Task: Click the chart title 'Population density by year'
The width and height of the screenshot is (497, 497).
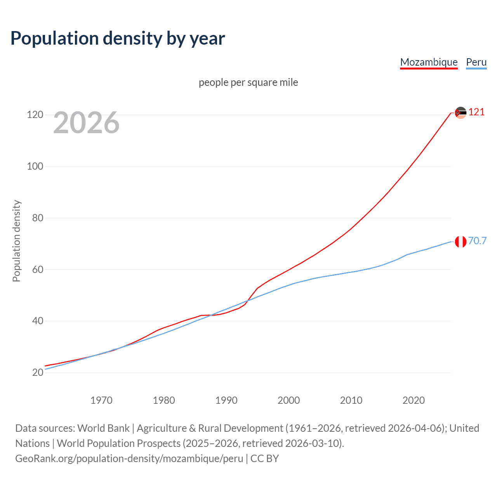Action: click(118, 38)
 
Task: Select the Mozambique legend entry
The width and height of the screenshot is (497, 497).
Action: click(429, 62)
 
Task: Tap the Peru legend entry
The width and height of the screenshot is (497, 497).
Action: click(476, 62)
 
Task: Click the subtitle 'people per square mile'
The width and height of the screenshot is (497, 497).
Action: click(248, 82)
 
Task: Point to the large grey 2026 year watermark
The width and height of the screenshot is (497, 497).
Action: click(86, 123)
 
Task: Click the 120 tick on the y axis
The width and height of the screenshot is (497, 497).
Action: click(35, 115)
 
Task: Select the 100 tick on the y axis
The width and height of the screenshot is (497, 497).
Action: click(35, 166)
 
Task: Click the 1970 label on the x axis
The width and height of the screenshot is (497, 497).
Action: click(101, 400)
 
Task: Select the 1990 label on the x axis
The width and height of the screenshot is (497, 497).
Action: click(226, 400)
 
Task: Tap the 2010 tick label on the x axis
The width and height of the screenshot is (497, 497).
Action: click(351, 400)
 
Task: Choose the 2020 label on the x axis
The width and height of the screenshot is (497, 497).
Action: click(414, 400)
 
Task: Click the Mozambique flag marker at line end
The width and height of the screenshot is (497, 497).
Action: click(461, 113)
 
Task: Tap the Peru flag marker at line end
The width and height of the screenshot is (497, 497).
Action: click(461, 242)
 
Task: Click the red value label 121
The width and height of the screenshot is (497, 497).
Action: click(476, 112)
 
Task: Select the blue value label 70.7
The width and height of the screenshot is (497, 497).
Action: click(477, 241)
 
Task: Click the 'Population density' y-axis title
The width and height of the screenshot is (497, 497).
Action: click(16, 241)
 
